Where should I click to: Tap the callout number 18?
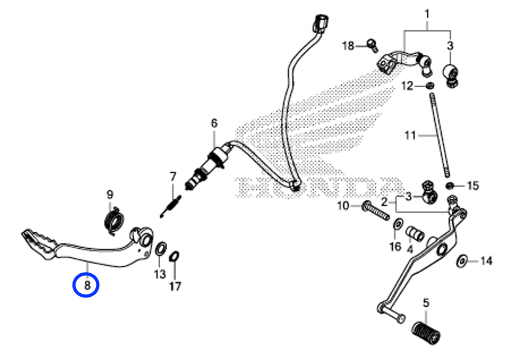348,46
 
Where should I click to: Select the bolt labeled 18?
373,45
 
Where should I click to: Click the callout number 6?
214,123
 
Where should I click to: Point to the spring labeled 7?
171,206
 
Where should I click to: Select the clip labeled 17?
174,257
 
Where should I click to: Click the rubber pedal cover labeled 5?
426,332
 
